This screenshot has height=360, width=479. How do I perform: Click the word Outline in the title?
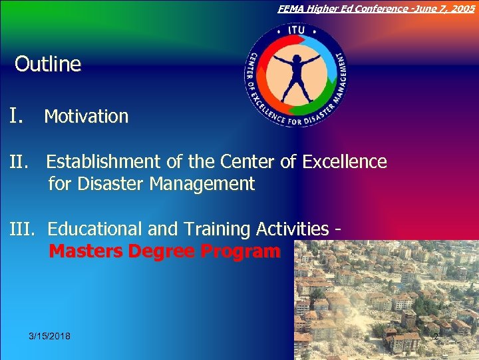coord(48,65)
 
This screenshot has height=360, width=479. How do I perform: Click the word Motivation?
coord(86,117)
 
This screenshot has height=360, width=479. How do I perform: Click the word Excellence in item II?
coord(344,162)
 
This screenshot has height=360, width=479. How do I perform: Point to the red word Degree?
coord(161,251)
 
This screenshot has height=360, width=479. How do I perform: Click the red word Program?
coord(240,251)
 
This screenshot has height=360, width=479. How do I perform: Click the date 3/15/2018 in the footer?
coord(50,336)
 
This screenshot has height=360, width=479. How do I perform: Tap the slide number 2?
coord(436,337)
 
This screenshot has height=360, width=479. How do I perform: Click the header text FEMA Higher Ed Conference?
coord(347,8)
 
